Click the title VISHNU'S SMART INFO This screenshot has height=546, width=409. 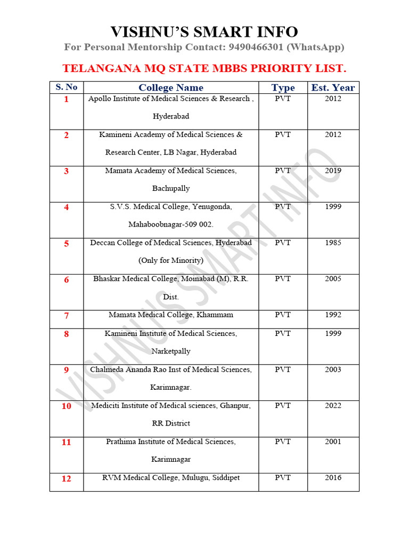[204, 31]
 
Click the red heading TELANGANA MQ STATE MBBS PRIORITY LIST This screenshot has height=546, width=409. [204, 69]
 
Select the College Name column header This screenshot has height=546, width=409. [171, 87]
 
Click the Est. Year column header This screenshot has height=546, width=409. [333, 87]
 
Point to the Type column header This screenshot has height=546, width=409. [283, 87]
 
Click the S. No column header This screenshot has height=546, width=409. [67, 87]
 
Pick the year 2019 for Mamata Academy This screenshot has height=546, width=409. [333, 171]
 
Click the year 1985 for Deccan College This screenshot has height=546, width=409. [333, 243]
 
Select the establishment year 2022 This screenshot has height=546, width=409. [333, 405]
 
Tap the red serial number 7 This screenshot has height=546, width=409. [67, 316]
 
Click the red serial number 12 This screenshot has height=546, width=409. [66, 479]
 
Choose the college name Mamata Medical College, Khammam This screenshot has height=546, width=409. [171, 315]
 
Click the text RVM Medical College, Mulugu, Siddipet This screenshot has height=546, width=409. [171, 478]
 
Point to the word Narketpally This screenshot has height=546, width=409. [171, 351]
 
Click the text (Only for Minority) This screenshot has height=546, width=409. [171, 261]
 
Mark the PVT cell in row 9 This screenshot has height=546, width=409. [283, 370]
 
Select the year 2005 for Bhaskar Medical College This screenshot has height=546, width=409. [333, 279]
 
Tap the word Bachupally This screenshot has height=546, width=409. [171, 189]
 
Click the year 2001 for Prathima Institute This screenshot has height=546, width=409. [333, 441]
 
